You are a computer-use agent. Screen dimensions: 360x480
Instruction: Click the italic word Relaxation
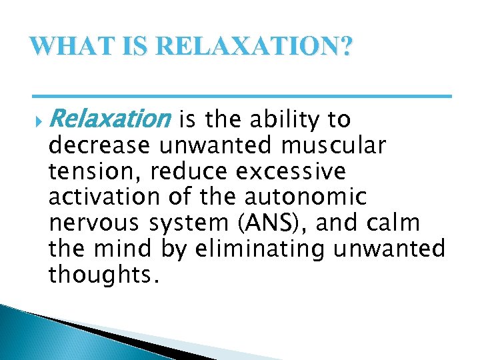109,120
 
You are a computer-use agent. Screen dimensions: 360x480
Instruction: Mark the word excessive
291,171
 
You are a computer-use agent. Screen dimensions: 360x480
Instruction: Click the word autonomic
305,197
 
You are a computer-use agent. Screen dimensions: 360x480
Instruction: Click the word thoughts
103,275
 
